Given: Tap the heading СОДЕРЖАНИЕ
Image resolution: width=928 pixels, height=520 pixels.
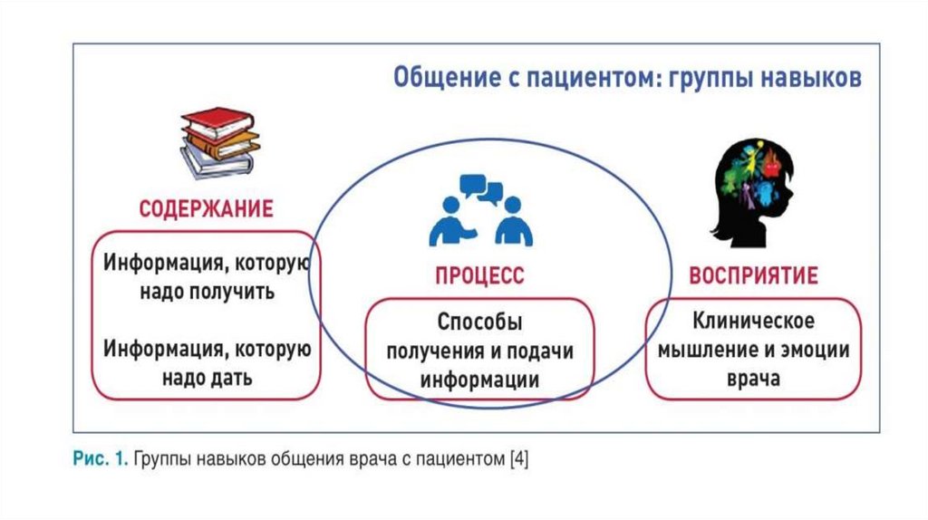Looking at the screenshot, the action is coord(206,209).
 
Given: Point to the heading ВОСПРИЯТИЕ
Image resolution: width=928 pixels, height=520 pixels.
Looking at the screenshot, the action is coord(753,275).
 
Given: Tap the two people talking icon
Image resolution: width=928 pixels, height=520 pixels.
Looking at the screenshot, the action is coord(481,212).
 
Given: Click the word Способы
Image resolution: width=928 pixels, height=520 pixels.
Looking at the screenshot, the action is coord(480,322).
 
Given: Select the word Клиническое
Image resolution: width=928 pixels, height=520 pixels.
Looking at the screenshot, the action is coord(754,321).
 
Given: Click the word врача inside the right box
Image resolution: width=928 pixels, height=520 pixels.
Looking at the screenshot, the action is coord(753,379).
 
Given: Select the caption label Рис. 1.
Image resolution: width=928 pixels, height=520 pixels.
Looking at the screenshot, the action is coord(100,460).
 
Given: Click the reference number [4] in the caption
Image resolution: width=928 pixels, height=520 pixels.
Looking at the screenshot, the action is coord(518,460).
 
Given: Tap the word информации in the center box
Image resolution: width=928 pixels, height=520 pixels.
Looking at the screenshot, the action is coord(479,379).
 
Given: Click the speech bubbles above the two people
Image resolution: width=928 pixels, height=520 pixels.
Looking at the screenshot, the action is coord(481,189).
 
